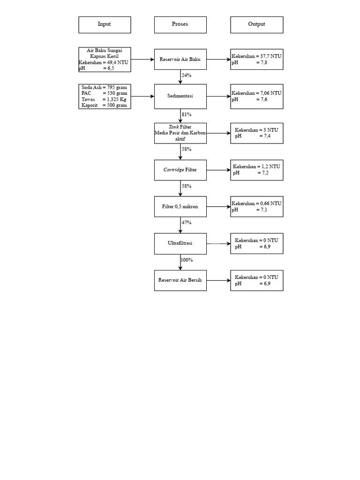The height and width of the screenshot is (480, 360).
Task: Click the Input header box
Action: coord(105,25)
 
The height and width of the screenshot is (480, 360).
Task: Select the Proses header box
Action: coord(180,25)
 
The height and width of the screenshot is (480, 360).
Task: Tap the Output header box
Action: coord(256,25)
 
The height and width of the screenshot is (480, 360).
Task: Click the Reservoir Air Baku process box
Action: coord(180,60)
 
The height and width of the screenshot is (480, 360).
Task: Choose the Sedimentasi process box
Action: coord(180,96)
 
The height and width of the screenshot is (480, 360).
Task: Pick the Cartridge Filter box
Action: coord(180,170)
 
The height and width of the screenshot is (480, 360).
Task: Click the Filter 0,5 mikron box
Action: coord(180,207)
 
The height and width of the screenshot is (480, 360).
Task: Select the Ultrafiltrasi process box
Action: coord(180,243)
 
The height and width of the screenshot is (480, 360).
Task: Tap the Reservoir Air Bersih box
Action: coord(180,280)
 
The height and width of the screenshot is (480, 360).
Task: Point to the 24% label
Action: coord(187,75)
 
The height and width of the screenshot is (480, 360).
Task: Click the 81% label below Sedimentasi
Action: coord(187,114)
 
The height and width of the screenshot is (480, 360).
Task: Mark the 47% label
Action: coord(187,223)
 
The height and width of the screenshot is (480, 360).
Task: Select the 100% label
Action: coord(187,260)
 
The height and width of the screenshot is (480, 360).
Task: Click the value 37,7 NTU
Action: coord(271,56)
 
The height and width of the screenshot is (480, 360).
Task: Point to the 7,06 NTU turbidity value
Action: coord(271,93)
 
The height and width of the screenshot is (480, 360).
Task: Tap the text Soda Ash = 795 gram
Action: coord(104,88)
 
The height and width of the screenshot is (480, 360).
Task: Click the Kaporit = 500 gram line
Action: coord(104,105)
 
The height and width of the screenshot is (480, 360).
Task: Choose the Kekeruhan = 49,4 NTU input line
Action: coord(104,62)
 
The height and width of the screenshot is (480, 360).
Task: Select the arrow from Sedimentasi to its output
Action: coord(218,96)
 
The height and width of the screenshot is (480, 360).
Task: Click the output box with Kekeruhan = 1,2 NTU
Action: coord(256,170)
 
